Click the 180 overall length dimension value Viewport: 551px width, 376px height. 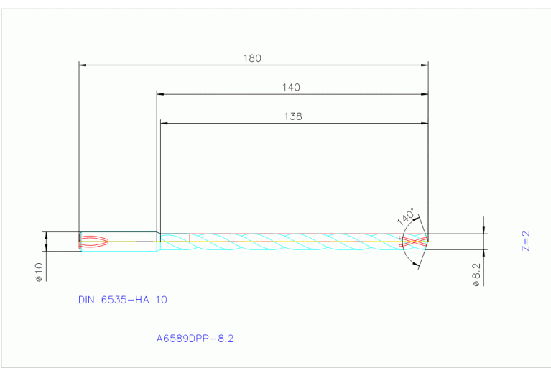252,58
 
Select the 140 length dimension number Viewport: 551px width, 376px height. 291,87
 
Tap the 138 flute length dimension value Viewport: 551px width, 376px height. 292,116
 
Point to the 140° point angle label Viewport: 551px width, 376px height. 406,216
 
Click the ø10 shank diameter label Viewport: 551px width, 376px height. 39,272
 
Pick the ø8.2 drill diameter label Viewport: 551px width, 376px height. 476,275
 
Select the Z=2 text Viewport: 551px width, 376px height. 525,241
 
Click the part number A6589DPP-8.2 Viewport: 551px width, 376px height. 195,339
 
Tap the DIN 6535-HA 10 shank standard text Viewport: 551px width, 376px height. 123,300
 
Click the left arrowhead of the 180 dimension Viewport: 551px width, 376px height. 83,65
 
